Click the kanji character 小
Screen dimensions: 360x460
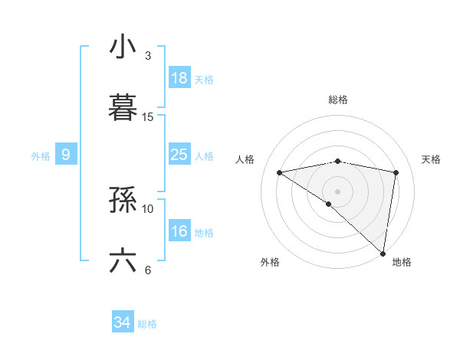[123, 47]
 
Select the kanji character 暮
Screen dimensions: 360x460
[123, 108]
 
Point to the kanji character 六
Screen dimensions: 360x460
[123, 261]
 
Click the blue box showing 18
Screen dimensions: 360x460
[179, 77]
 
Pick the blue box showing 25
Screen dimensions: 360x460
[179, 155]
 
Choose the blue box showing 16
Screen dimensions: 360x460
[179, 231]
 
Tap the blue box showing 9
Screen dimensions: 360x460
[66, 155]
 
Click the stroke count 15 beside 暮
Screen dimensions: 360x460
[148, 117]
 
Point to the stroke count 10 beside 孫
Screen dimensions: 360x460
[148, 208]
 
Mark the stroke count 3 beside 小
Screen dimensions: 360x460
[148, 56]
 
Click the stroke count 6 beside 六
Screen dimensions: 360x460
[148, 270]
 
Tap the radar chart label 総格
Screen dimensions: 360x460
[338, 100]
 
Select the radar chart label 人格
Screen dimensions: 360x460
[247, 159]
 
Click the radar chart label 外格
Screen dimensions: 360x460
[270, 262]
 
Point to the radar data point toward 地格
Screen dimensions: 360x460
[383, 253]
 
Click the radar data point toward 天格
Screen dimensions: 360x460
[396, 172]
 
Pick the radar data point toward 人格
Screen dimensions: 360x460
[280, 172]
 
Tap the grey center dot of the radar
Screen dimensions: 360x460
[338, 191]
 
